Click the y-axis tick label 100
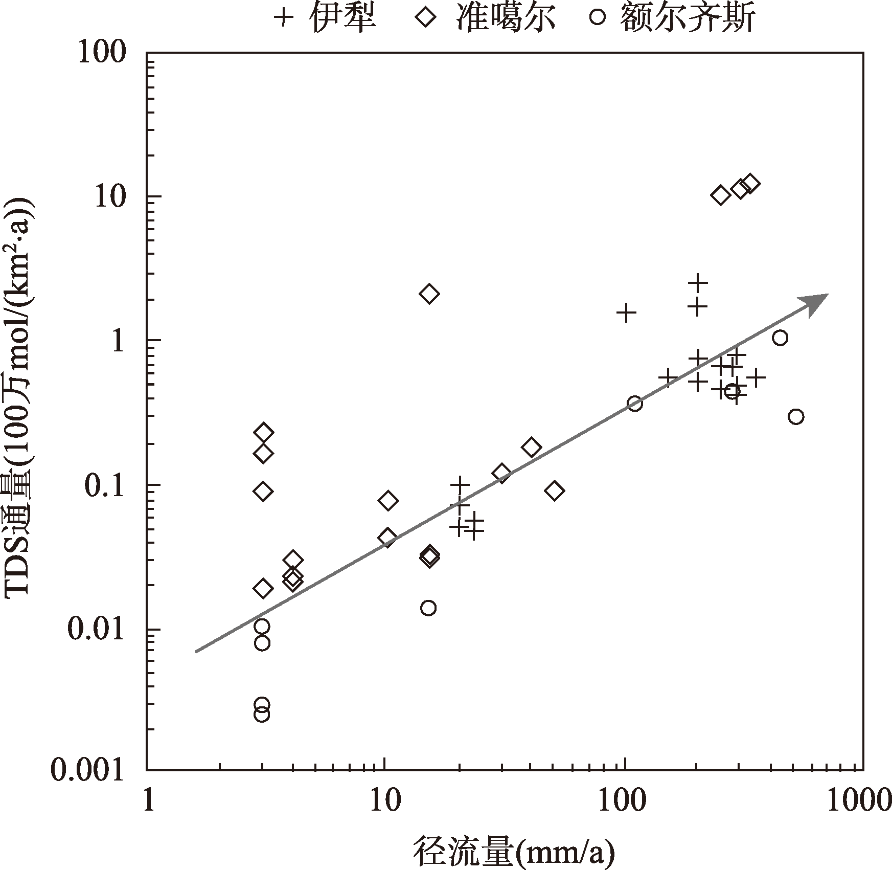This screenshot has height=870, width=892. click(102, 52)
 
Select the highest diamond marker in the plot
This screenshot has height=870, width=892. click(749, 183)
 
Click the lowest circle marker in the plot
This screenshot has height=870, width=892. click(262, 714)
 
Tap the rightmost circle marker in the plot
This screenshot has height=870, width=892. click(796, 417)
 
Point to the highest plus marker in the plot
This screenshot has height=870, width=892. click(697, 282)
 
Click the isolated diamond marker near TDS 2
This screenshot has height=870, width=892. click(429, 294)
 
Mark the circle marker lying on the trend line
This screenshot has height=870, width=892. click(634, 404)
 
